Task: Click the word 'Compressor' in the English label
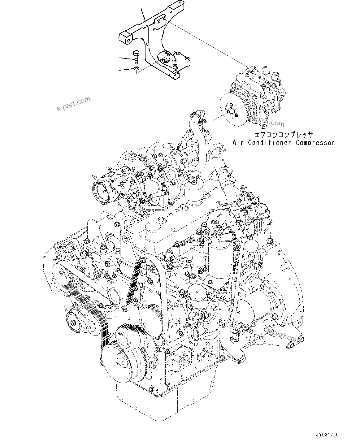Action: (x=315, y=143)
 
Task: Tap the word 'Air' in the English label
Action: (x=239, y=143)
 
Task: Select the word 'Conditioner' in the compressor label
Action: (x=269, y=143)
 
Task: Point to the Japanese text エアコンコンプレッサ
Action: (x=284, y=135)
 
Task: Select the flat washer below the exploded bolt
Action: (x=137, y=68)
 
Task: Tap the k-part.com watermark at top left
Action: (x=74, y=104)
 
